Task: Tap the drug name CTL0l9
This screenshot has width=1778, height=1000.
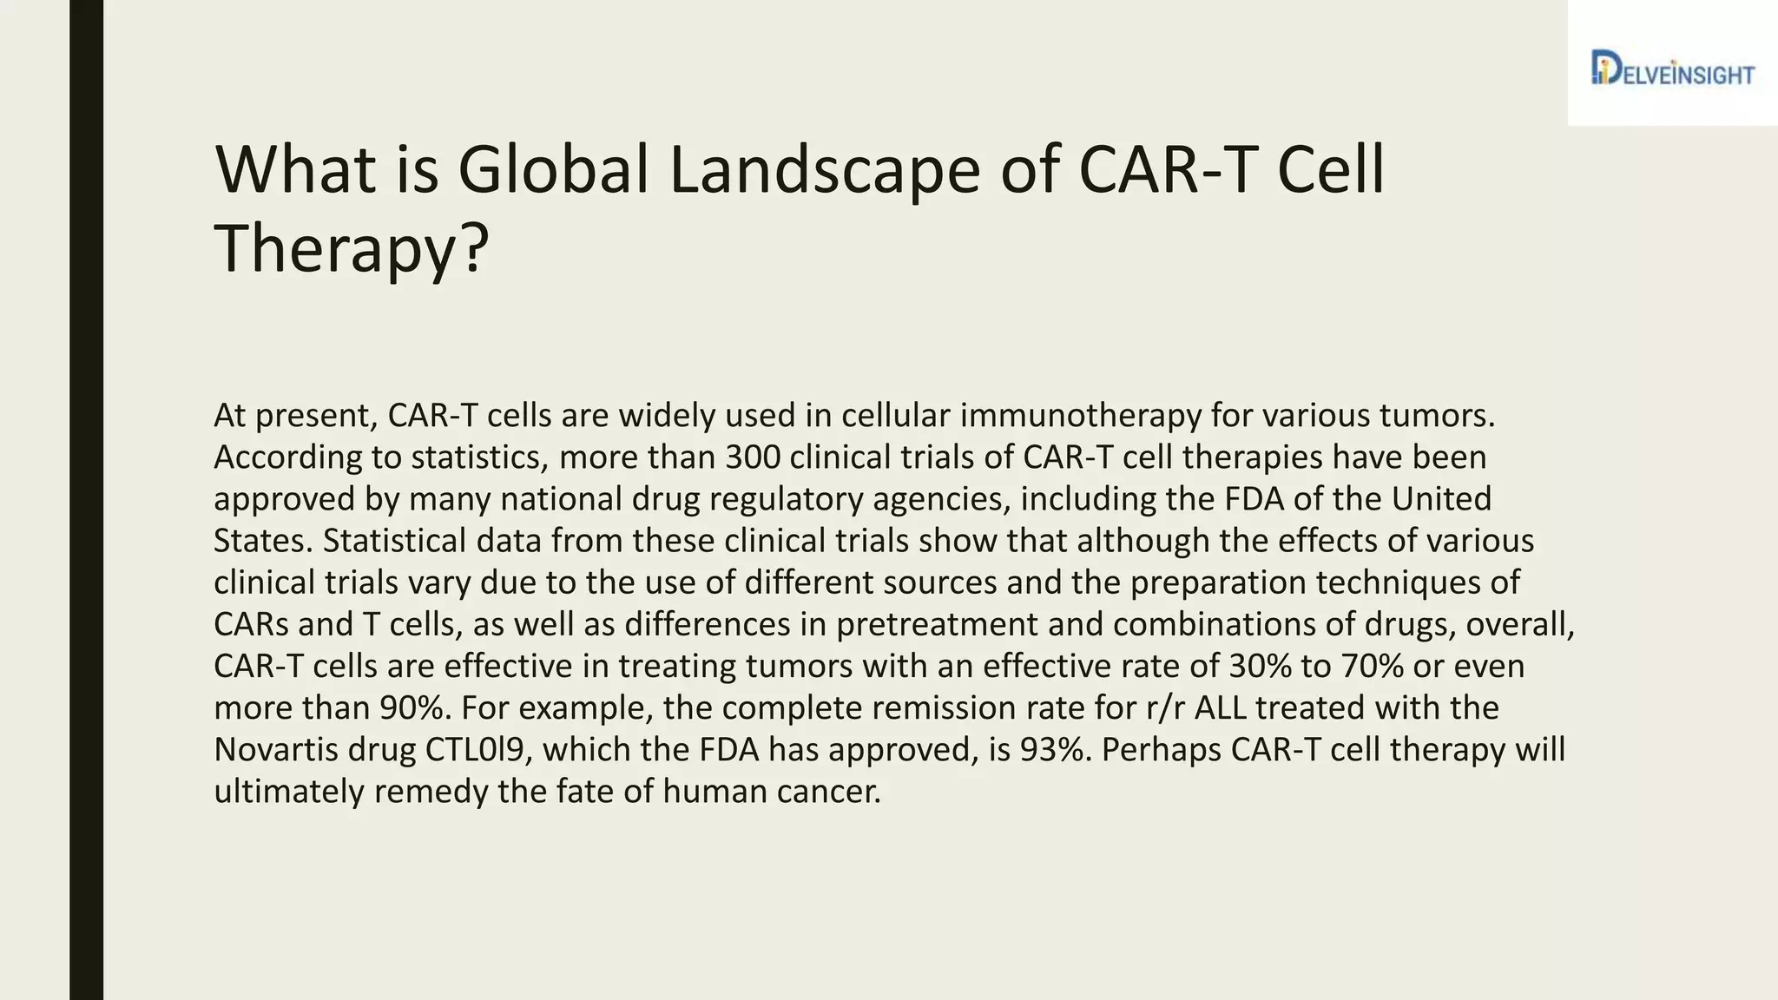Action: (x=476, y=749)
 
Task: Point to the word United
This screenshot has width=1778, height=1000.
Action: (x=1440, y=499)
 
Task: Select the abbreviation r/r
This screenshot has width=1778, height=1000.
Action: (x=1165, y=707)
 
